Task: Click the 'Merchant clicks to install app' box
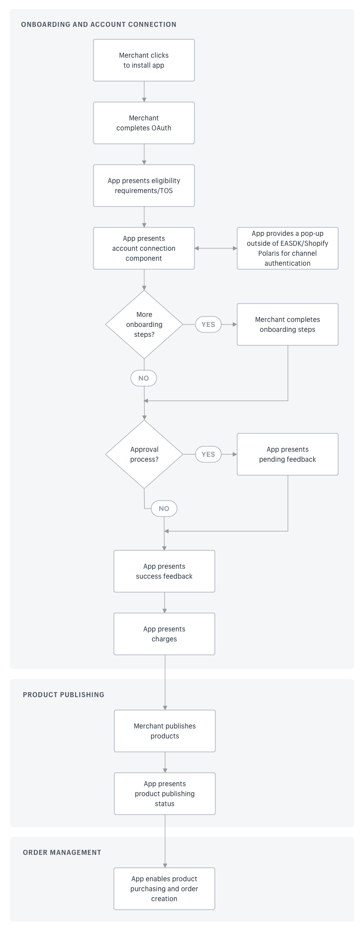pyautogui.click(x=144, y=60)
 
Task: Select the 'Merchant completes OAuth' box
pyautogui.click(x=144, y=123)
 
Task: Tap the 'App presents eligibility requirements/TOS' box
pyautogui.click(x=144, y=186)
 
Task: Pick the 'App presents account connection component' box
pyautogui.click(x=144, y=248)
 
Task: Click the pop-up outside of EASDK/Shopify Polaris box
pyautogui.click(x=287, y=248)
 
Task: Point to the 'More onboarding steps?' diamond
pyautogui.click(x=144, y=324)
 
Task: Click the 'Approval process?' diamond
pyautogui.click(x=144, y=454)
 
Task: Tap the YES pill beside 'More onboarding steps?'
pyautogui.click(x=208, y=324)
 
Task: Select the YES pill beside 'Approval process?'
pyautogui.click(x=208, y=454)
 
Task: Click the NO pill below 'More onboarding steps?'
pyautogui.click(x=144, y=378)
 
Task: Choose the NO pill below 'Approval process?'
pyautogui.click(x=164, y=509)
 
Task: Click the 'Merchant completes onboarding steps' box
pyautogui.click(x=287, y=324)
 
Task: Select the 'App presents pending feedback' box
pyautogui.click(x=287, y=454)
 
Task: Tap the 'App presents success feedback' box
pyautogui.click(x=164, y=571)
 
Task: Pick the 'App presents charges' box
pyautogui.click(x=164, y=634)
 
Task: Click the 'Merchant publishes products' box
pyautogui.click(x=165, y=731)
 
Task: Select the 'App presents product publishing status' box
pyautogui.click(x=165, y=794)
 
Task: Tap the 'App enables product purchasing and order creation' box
pyautogui.click(x=164, y=889)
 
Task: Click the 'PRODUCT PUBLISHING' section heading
pyautogui.click(x=64, y=695)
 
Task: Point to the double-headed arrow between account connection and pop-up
pyautogui.click(x=216, y=248)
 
